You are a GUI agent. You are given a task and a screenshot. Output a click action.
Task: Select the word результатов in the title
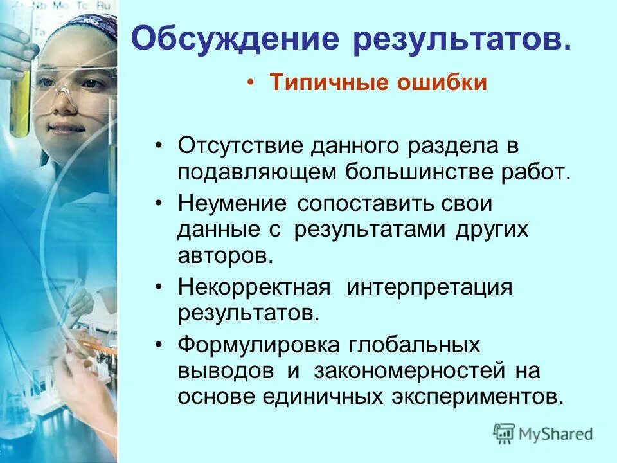tap(460, 41)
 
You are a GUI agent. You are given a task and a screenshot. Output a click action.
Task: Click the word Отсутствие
tap(240, 145)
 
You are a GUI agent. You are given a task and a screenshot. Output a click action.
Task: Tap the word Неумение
tap(233, 204)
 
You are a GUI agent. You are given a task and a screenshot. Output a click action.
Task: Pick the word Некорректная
tap(254, 287)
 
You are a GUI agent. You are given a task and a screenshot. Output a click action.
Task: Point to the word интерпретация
tap(430, 287)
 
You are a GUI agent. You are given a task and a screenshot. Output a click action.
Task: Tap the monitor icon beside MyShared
tap(505, 433)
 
